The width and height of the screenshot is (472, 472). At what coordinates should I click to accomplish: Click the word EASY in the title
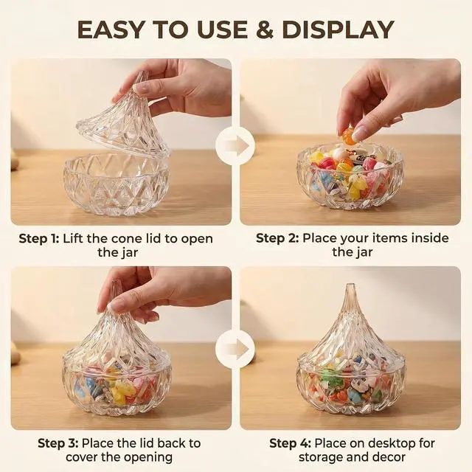(110, 29)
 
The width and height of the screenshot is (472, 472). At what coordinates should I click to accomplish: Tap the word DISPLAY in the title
(338, 29)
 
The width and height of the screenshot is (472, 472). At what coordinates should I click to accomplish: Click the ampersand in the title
(265, 29)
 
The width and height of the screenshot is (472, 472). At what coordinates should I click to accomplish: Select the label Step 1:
(39, 239)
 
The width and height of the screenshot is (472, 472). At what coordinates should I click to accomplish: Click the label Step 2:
(277, 238)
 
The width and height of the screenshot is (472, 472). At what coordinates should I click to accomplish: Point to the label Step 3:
(58, 443)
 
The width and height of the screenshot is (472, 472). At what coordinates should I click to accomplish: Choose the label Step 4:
(290, 443)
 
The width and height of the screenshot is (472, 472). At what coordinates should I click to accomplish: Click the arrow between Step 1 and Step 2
(236, 146)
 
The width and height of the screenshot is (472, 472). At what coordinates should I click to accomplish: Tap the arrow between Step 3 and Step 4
(236, 349)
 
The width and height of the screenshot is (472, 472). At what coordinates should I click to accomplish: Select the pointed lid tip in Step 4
(350, 286)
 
